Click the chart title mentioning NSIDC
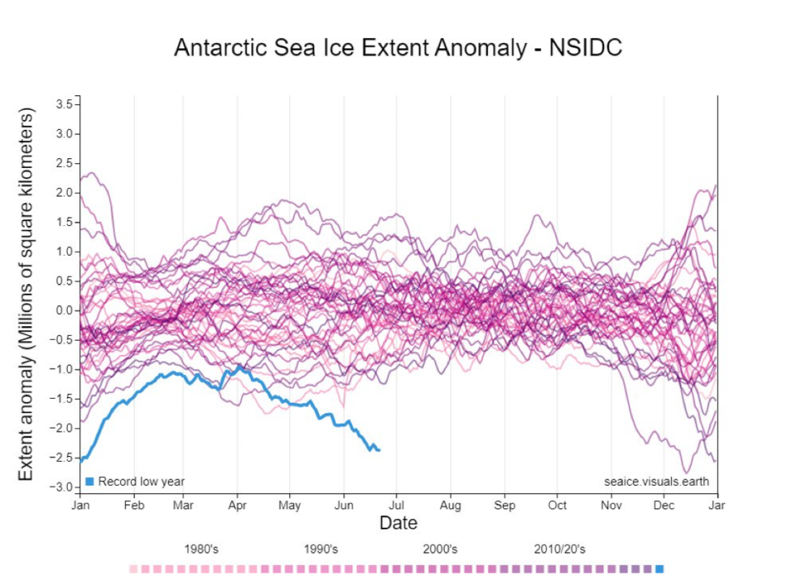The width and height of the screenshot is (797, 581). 398,48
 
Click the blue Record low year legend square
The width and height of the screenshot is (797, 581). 90,482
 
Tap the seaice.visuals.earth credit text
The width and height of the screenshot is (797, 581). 656,482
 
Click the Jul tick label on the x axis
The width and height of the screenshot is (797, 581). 397,506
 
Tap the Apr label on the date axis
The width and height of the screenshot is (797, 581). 237,506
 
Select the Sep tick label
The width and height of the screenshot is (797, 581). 505,506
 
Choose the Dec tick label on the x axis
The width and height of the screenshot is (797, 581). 664,506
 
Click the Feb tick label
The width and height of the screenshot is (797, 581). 134,506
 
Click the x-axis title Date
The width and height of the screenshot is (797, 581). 398,523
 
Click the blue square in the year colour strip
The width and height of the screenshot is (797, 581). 660,570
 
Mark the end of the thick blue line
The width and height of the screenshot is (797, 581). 380,449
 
